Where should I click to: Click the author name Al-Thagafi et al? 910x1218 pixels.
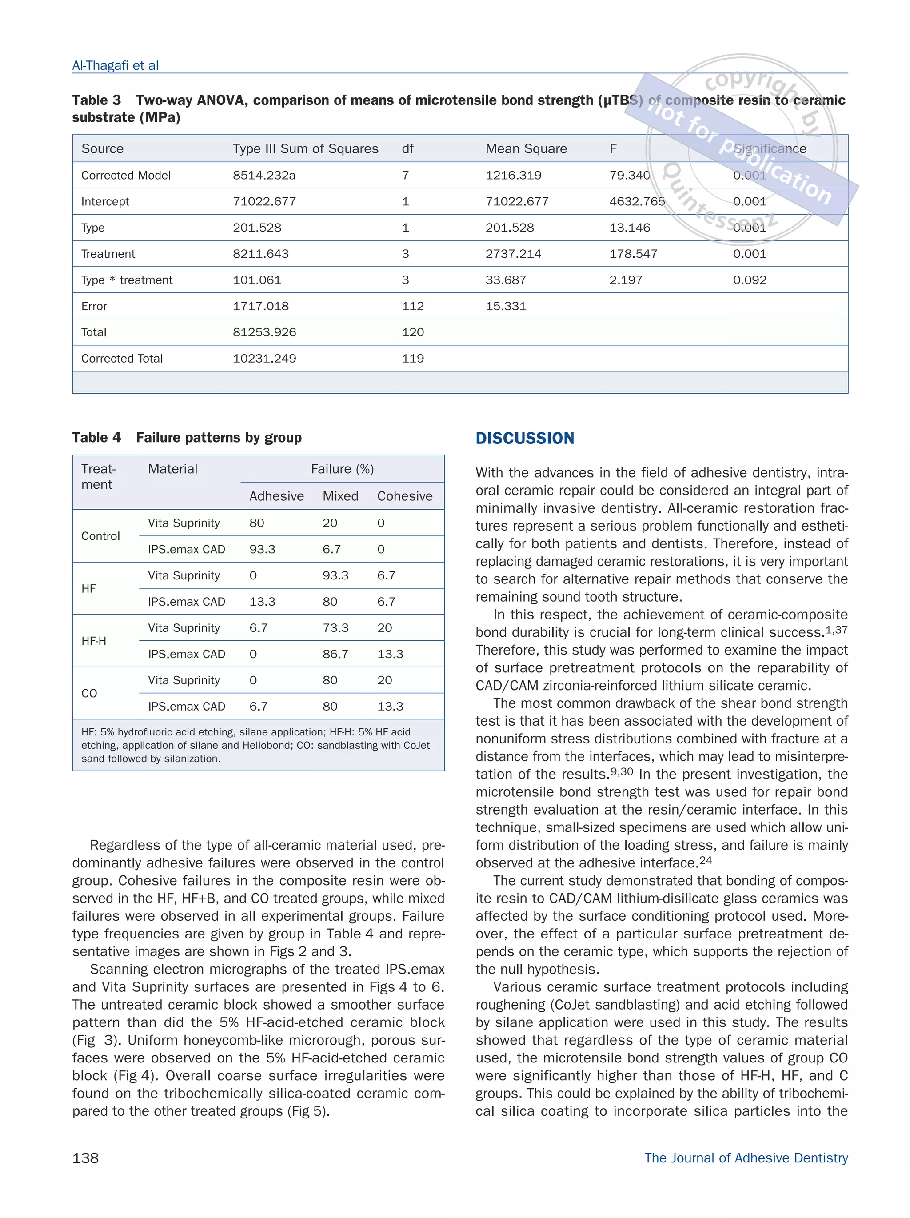tap(115, 65)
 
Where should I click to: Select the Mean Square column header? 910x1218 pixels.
tap(525, 149)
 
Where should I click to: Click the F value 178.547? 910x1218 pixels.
tap(629, 254)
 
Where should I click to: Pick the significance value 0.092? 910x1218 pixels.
tap(749, 280)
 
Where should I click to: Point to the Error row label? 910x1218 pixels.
tap(94, 306)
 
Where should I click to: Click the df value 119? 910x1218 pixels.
tap(412, 359)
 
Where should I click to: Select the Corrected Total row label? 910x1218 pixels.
tap(122, 359)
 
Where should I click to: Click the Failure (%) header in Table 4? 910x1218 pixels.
tap(342, 469)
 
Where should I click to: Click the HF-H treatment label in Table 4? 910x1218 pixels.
tap(94, 641)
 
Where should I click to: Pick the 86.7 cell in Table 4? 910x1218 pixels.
tap(335, 654)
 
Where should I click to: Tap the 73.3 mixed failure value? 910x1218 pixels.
tap(335, 628)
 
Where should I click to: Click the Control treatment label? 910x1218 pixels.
tap(100, 536)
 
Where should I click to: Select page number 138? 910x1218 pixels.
tap(85, 1158)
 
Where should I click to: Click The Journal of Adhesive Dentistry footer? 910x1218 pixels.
tap(746, 1158)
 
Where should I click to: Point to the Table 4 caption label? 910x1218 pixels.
tap(96, 438)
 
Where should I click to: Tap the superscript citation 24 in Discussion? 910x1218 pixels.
tap(705, 859)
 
